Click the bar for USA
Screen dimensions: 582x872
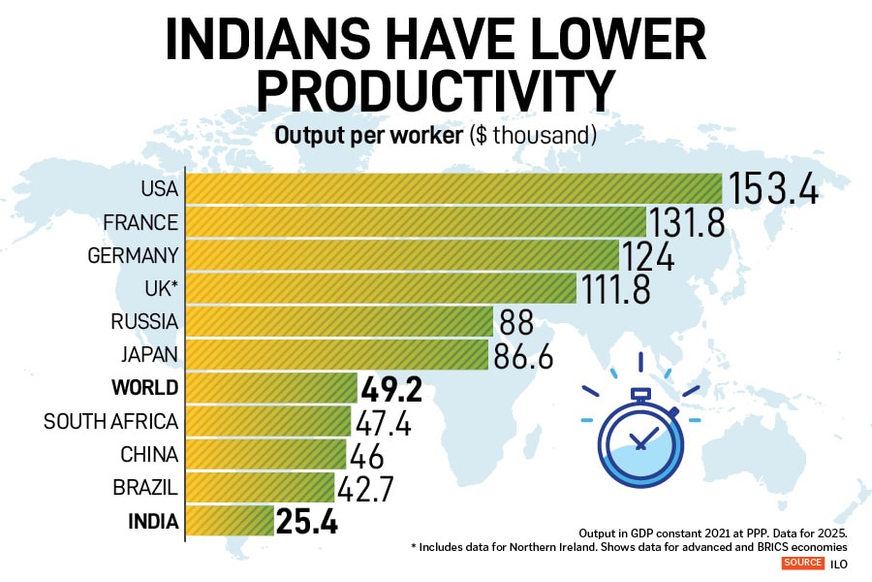pyautogui.click(x=452, y=189)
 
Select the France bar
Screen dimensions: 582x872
pyautogui.click(x=415, y=222)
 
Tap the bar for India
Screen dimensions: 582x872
pyautogui.click(x=229, y=521)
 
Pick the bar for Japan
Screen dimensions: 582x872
pyautogui.click(x=336, y=355)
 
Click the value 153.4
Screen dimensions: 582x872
pyautogui.click(x=773, y=189)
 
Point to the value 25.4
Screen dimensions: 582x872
pyautogui.click(x=306, y=522)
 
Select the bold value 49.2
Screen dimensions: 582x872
pyautogui.click(x=391, y=389)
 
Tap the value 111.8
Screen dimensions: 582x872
pyautogui.click(x=614, y=289)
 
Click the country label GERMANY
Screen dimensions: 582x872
pyautogui.click(x=133, y=256)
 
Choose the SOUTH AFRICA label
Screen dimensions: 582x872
pyautogui.click(x=111, y=422)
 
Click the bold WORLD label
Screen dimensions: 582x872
pyautogui.click(x=145, y=389)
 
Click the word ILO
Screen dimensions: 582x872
pyautogui.click(x=837, y=564)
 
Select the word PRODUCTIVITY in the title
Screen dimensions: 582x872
pyautogui.click(x=435, y=89)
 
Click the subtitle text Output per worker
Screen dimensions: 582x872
pyautogui.click(x=368, y=136)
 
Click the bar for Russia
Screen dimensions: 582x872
pyautogui.click(x=339, y=322)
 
